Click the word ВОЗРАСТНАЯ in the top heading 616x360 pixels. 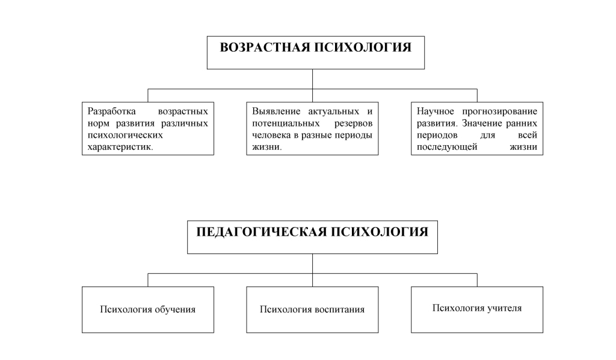pos(263,48)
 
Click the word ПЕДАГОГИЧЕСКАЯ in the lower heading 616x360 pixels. pos(262,232)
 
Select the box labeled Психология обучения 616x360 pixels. pos(148,309)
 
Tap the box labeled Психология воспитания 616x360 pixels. pos(312,309)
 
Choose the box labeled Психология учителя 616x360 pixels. pos(477,308)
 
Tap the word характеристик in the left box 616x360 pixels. pos(120,147)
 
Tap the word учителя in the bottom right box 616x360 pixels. pos(504,308)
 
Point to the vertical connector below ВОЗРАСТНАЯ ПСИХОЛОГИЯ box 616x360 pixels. pos(312,79)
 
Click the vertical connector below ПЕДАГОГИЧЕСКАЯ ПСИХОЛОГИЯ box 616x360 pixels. pos(312,263)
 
